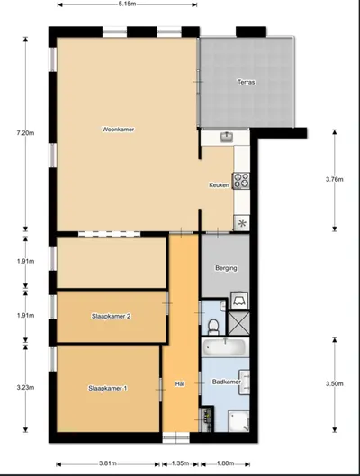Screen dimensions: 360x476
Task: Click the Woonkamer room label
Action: [118, 130]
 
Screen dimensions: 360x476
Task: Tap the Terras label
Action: [247, 82]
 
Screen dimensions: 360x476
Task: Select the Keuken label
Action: [219, 184]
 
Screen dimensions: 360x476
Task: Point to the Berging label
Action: [226, 268]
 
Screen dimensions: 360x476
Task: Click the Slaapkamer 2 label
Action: [111, 316]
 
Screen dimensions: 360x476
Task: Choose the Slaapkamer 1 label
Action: [108, 388]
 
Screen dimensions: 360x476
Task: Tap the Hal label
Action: [180, 383]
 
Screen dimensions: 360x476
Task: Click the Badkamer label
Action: [227, 382]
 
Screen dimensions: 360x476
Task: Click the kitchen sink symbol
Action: [226, 137]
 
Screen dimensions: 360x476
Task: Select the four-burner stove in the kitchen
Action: [241, 180]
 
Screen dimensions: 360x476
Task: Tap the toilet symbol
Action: [213, 326]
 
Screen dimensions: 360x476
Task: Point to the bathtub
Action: [225, 347]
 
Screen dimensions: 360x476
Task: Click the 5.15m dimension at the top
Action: [127, 4]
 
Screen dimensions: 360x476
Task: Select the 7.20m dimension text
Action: [25, 133]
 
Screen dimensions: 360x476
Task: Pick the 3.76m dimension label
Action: [335, 179]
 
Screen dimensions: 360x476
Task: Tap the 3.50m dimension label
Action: [335, 383]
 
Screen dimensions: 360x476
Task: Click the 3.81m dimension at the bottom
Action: [108, 463]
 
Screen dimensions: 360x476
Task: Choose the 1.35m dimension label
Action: [180, 463]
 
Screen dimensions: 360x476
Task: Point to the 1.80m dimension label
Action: [225, 463]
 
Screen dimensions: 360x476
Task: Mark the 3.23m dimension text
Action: [25, 387]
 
